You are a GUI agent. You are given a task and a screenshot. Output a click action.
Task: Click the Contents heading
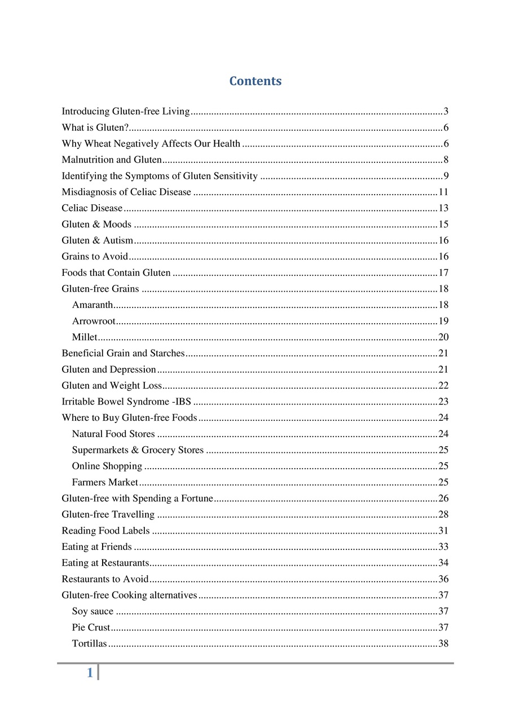coord(255,81)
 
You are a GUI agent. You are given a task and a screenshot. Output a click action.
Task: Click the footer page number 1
coord(90,672)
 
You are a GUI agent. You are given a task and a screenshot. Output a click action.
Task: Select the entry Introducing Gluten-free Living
coord(125,111)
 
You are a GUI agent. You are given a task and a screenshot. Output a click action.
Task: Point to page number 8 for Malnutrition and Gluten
coord(446,160)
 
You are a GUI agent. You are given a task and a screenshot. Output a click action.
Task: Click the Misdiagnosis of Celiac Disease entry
coord(126,192)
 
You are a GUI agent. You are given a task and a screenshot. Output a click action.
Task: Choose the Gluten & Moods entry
coord(96,224)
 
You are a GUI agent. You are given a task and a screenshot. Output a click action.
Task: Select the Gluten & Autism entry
coord(98,240)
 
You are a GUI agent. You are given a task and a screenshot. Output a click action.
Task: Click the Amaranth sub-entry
coord(92,305)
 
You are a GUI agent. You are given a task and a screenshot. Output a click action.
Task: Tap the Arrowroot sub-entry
coord(94,321)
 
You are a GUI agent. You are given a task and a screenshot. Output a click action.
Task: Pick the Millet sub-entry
coord(85,337)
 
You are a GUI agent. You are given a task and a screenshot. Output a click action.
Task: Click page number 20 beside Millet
coord(443,337)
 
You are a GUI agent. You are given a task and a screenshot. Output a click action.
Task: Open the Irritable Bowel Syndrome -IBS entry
coord(126,402)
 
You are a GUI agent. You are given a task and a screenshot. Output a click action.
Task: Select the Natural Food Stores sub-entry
coord(113,434)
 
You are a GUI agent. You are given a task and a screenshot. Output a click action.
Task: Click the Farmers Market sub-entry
coord(105,482)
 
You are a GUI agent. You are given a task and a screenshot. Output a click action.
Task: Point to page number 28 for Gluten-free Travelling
coord(443,514)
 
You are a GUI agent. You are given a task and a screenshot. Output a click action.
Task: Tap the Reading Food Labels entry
coord(105,531)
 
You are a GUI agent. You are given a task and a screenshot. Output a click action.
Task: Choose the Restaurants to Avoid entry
coord(105,579)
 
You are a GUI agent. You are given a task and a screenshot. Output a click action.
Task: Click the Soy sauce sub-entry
coord(92,611)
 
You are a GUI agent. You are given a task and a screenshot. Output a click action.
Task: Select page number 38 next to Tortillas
coord(443,644)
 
